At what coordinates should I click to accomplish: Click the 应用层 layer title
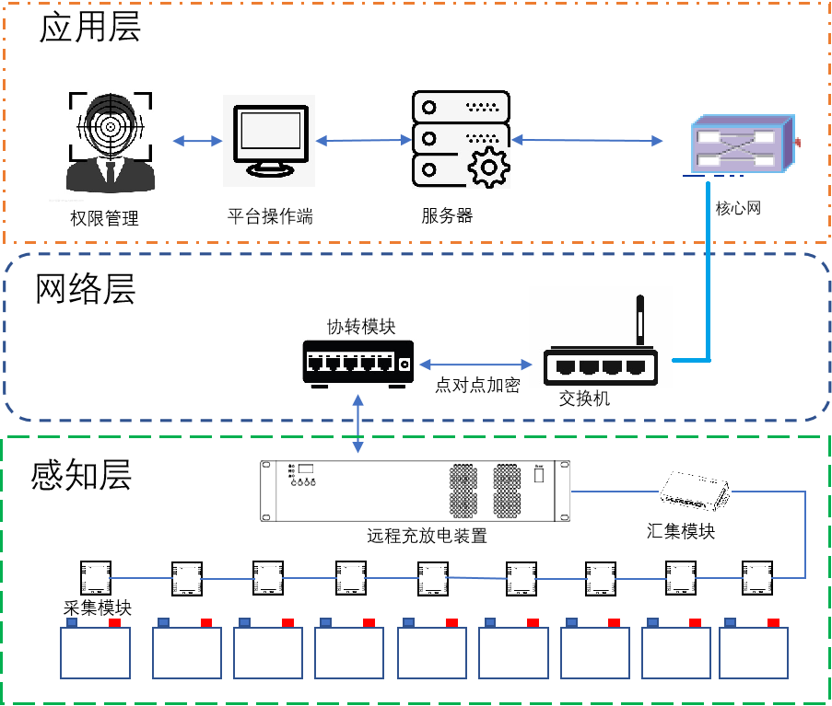point(89,29)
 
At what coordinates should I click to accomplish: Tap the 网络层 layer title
point(86,288)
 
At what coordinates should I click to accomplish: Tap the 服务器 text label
point(447,216)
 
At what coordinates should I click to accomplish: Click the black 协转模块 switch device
point(358,362)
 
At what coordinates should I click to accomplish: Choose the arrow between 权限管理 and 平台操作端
point(198,141)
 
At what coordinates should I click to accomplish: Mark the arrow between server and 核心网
point(588,140)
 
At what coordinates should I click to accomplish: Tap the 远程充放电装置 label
point(427,536)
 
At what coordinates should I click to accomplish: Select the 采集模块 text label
point(98,608)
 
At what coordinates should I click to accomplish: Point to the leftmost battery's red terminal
point(114,623)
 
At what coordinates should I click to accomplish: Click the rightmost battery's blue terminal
point(730,623)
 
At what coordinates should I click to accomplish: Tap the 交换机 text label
point(584,399)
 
